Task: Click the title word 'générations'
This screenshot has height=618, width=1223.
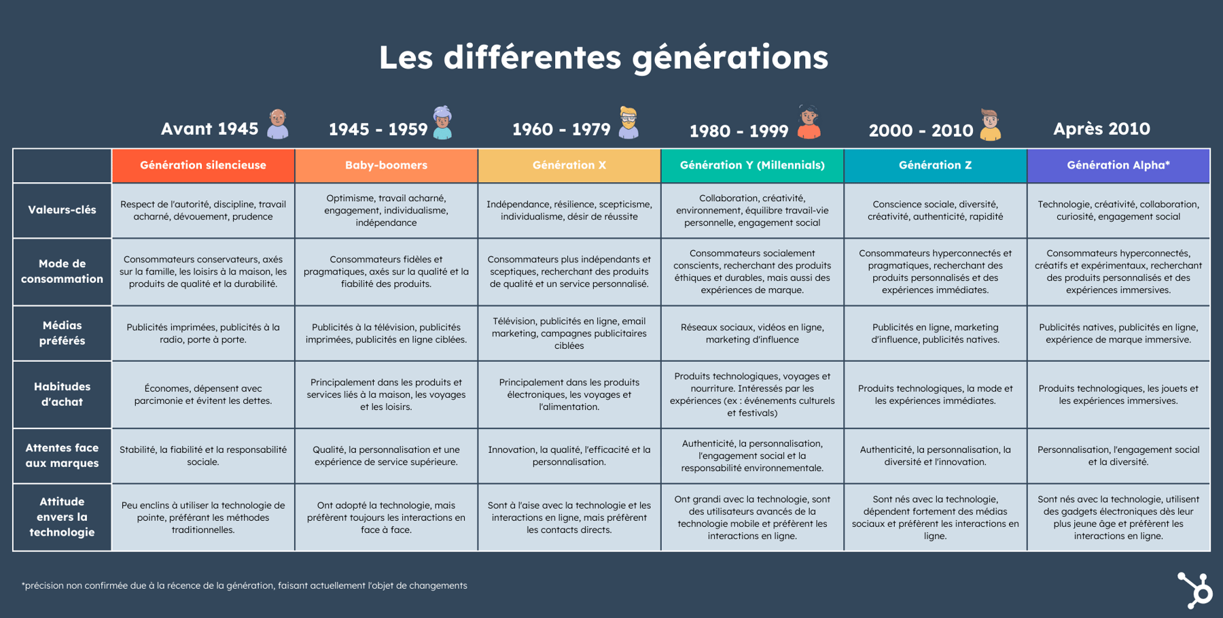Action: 730,58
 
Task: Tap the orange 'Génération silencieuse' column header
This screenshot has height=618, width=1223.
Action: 203,165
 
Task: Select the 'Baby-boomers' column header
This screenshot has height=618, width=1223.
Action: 386,165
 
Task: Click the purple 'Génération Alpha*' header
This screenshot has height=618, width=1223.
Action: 1118,165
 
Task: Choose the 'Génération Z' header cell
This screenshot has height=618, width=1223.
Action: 935,165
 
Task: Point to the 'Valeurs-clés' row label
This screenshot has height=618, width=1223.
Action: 62,210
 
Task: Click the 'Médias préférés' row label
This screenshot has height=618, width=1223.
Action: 62,333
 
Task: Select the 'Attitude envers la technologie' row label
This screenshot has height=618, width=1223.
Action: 62,517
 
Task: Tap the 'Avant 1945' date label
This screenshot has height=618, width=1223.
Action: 209,128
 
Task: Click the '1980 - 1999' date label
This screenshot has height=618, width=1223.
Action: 739,131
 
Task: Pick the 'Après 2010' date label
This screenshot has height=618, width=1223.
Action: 1101,128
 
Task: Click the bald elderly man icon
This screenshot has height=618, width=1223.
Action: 277,124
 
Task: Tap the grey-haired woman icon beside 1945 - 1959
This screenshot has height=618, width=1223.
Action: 442,123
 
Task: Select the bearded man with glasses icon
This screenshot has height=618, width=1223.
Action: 628,123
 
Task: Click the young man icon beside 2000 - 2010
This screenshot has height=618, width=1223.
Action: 991,124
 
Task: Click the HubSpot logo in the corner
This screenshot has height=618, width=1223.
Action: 1194,589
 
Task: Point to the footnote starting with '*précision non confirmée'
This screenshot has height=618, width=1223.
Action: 245,585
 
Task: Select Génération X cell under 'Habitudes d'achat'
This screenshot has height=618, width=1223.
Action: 569,394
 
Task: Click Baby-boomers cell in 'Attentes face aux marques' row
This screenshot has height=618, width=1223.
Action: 386,456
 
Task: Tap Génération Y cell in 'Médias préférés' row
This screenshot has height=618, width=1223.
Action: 752,333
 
